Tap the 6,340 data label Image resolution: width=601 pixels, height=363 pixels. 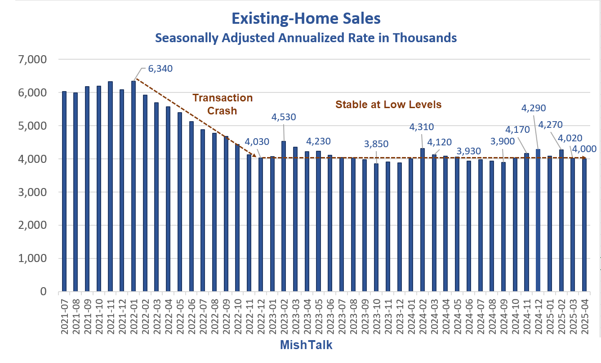(x=160, y=69)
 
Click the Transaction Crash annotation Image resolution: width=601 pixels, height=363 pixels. (x=223, y=104)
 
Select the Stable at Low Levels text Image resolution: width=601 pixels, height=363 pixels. (x=388, y=105)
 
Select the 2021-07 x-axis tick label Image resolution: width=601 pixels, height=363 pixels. (x=64, y=314)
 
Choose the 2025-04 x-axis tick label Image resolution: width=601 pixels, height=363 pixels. (x=584, y=314)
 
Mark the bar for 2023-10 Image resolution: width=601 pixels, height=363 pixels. (x=376, y=227)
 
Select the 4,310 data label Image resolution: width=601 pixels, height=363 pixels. (x=422, y=127)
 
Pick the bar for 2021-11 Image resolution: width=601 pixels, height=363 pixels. (x=111, y=186)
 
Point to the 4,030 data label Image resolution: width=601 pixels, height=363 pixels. (x=257, y=142)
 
